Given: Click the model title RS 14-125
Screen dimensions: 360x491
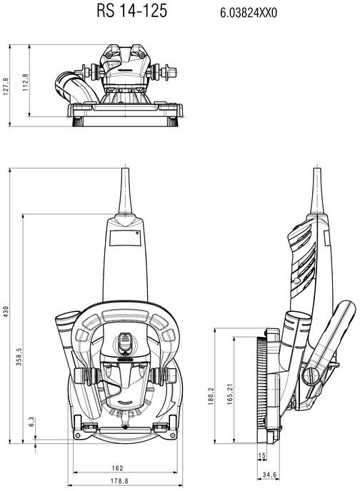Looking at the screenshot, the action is coord(131,11).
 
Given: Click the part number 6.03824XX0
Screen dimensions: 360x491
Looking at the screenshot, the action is coord(249,13).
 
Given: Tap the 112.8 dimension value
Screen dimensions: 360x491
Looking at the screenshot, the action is coord(26,82).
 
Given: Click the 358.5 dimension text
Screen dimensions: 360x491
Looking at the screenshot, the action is coord(19,356).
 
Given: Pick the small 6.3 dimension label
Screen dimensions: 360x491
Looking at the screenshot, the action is coord(31,422).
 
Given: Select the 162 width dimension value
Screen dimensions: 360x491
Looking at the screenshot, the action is coord(117,468).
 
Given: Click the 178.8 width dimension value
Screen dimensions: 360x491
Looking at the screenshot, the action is coord(119,481).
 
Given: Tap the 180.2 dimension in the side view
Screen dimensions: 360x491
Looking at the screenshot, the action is coord(211,396).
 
